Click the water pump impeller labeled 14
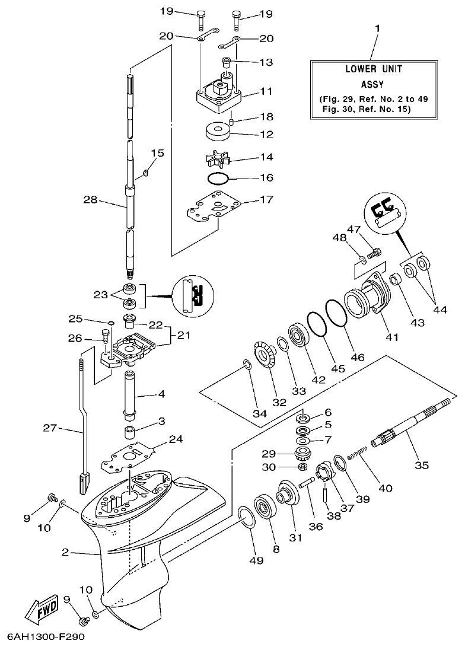tap(218, 158)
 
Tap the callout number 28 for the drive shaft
tap(90, 200)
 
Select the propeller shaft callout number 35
tap(421, 465)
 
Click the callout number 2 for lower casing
tap(66, 553)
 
